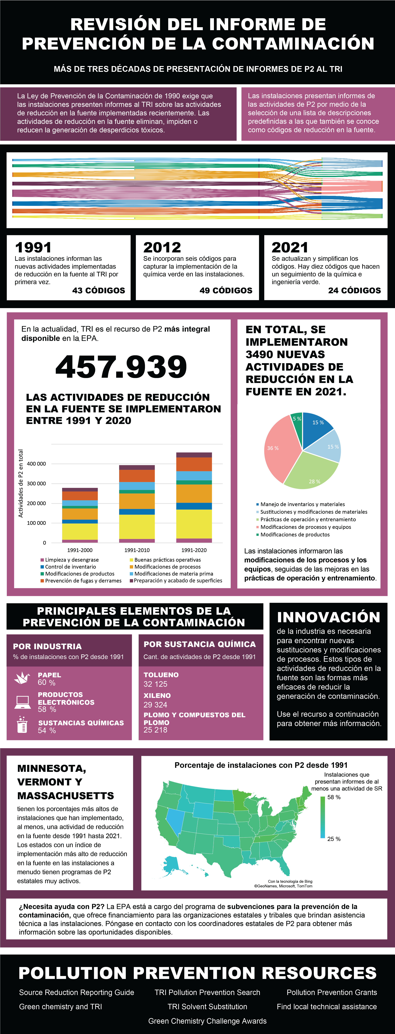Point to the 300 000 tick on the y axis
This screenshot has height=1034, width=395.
[x=36, y=483]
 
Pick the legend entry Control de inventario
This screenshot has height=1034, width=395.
[x=70, y=567]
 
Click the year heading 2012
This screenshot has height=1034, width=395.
[x=162, y=247]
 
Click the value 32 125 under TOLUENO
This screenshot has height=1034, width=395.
[x=156, y=684]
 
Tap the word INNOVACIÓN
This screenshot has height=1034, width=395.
[x=328, y=617]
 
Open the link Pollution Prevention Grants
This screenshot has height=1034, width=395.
[x=331, y=992]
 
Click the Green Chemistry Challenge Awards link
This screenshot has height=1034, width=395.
[x=207, y=1021]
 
